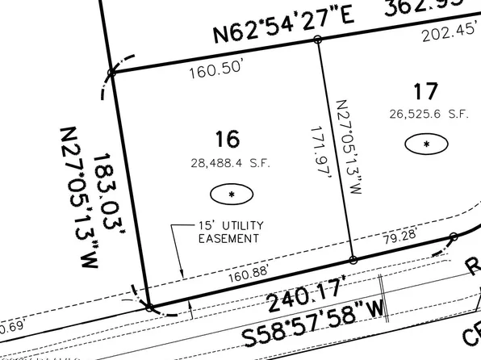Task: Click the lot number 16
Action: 228,140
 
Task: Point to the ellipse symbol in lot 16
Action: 232,195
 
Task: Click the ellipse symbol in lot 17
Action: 428,145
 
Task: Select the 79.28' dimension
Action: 400,237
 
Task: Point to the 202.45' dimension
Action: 446,33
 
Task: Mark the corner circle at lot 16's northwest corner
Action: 112,73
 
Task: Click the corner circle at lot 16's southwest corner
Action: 148,307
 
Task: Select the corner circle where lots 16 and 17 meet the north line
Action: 317,39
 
